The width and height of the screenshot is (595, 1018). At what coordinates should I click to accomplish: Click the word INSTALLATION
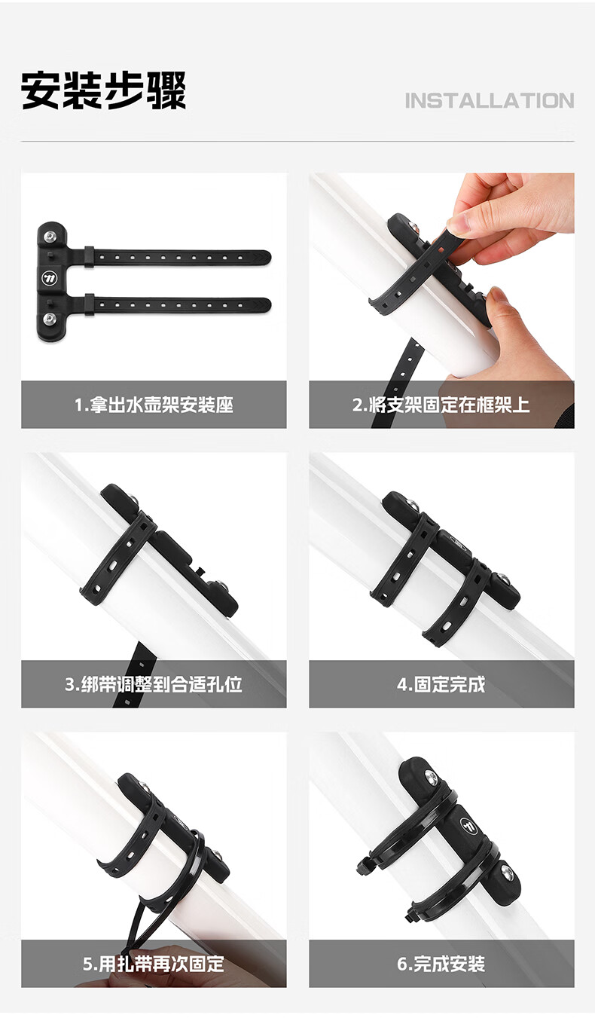pos(489,100)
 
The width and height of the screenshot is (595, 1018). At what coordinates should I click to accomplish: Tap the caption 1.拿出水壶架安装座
pos(154,405)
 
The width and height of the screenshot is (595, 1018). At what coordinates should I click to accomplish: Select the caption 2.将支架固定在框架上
pos(441,405)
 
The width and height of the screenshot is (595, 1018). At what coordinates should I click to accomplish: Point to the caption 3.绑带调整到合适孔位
pos(154,684)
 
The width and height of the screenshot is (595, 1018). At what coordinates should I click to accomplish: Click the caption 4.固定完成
pos(441,684)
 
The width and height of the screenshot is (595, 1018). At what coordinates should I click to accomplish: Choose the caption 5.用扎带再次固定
pos(154,964)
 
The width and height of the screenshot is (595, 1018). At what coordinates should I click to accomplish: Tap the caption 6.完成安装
pos(441,964)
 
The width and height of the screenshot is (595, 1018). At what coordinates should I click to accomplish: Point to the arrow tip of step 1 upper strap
pos(270,257)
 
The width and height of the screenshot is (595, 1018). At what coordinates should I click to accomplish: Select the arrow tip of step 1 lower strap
pos(270,304)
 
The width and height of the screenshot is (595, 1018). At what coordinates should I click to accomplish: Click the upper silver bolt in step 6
pos(430,776)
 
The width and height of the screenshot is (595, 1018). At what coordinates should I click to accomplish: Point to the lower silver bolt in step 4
pos(502,579)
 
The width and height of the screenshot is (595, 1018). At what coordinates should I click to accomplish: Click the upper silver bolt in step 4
pos(413,504)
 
